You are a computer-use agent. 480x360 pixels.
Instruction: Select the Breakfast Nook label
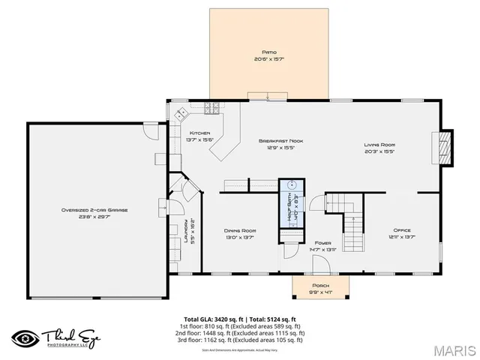click(280, 140)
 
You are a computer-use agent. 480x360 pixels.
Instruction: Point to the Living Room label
click(380, 145)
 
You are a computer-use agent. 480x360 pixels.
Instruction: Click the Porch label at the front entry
click(320, 286)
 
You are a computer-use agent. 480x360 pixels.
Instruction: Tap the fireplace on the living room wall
click(445, 147)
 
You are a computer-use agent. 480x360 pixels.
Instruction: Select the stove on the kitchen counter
click(212, 107)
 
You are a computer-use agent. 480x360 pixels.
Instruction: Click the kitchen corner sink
click(181, 114)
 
